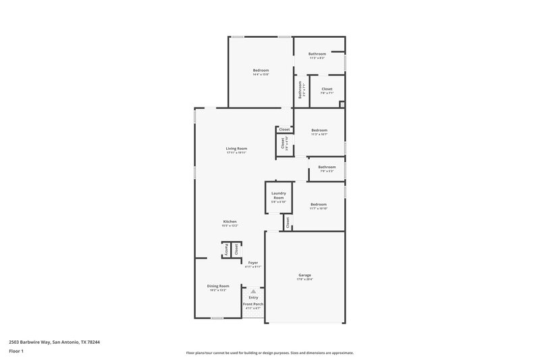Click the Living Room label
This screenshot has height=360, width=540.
coord(236,149)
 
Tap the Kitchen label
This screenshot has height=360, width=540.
coord(230,222)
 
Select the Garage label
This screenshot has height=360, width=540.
coord(305,275)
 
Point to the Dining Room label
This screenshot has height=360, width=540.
coord(218,286)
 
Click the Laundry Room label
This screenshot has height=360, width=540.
coord(279,195)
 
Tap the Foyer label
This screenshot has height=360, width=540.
coord(252,262)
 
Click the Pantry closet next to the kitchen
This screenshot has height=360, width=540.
coord(227,249)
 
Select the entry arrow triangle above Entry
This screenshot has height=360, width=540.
coord(253,291)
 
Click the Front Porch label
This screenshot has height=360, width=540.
coord(253,304)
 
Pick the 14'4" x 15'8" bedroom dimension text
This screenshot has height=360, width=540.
coord(261,74)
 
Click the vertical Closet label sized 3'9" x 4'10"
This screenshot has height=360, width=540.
coord(283,143)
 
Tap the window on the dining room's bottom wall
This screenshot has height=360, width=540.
coord(217,317)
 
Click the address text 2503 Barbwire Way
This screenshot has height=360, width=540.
coord(51,342)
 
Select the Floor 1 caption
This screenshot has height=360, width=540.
coord(16,352)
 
